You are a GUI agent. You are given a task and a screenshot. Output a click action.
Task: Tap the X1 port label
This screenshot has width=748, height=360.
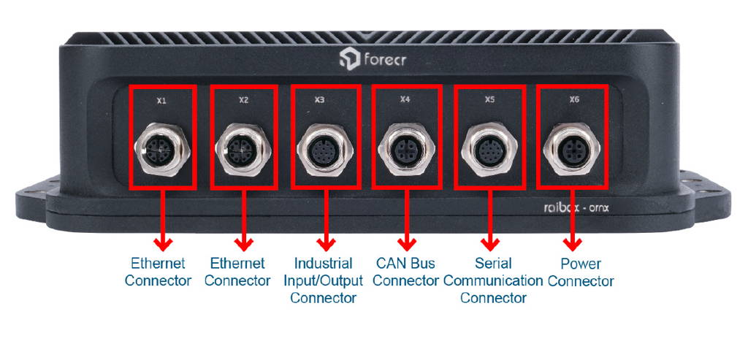[x=161, y=102]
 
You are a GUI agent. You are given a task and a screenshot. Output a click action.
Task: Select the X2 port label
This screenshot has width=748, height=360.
[x=244, y=102]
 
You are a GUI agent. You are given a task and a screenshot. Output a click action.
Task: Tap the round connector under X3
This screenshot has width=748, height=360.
[x=324, y=150]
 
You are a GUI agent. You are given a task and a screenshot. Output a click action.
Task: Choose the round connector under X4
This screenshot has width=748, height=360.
[x=406, y=150]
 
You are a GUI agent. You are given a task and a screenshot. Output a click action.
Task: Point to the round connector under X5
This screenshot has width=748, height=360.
[x=489, y=150]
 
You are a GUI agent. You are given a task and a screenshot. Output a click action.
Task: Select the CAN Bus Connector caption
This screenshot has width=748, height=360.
[x=406, y=272]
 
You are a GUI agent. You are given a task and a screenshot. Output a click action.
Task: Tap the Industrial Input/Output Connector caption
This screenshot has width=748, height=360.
[x=323, y=280]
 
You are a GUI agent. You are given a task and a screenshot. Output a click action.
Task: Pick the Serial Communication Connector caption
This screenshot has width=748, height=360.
[x=493, y=280]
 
